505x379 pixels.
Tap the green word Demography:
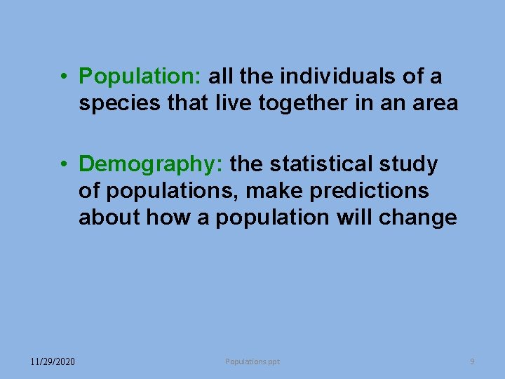(151, 164)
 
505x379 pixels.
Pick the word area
(434, 104)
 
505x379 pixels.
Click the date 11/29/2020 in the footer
(53, 361)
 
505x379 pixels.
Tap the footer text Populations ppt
(252, 361)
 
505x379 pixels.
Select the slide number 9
(472, 361)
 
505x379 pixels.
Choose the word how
(163, 218)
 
